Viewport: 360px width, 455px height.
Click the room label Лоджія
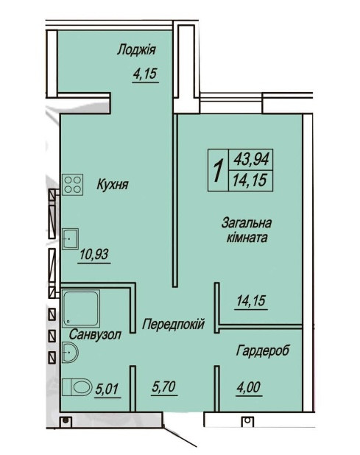138,50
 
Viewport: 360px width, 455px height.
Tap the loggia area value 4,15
146,74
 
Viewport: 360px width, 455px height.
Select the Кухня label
112,186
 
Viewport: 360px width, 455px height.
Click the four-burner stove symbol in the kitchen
73,185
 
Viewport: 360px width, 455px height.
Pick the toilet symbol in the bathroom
77,387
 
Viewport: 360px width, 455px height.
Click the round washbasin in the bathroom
72,356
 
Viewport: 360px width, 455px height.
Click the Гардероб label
263,350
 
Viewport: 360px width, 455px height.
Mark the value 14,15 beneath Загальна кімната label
251,300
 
